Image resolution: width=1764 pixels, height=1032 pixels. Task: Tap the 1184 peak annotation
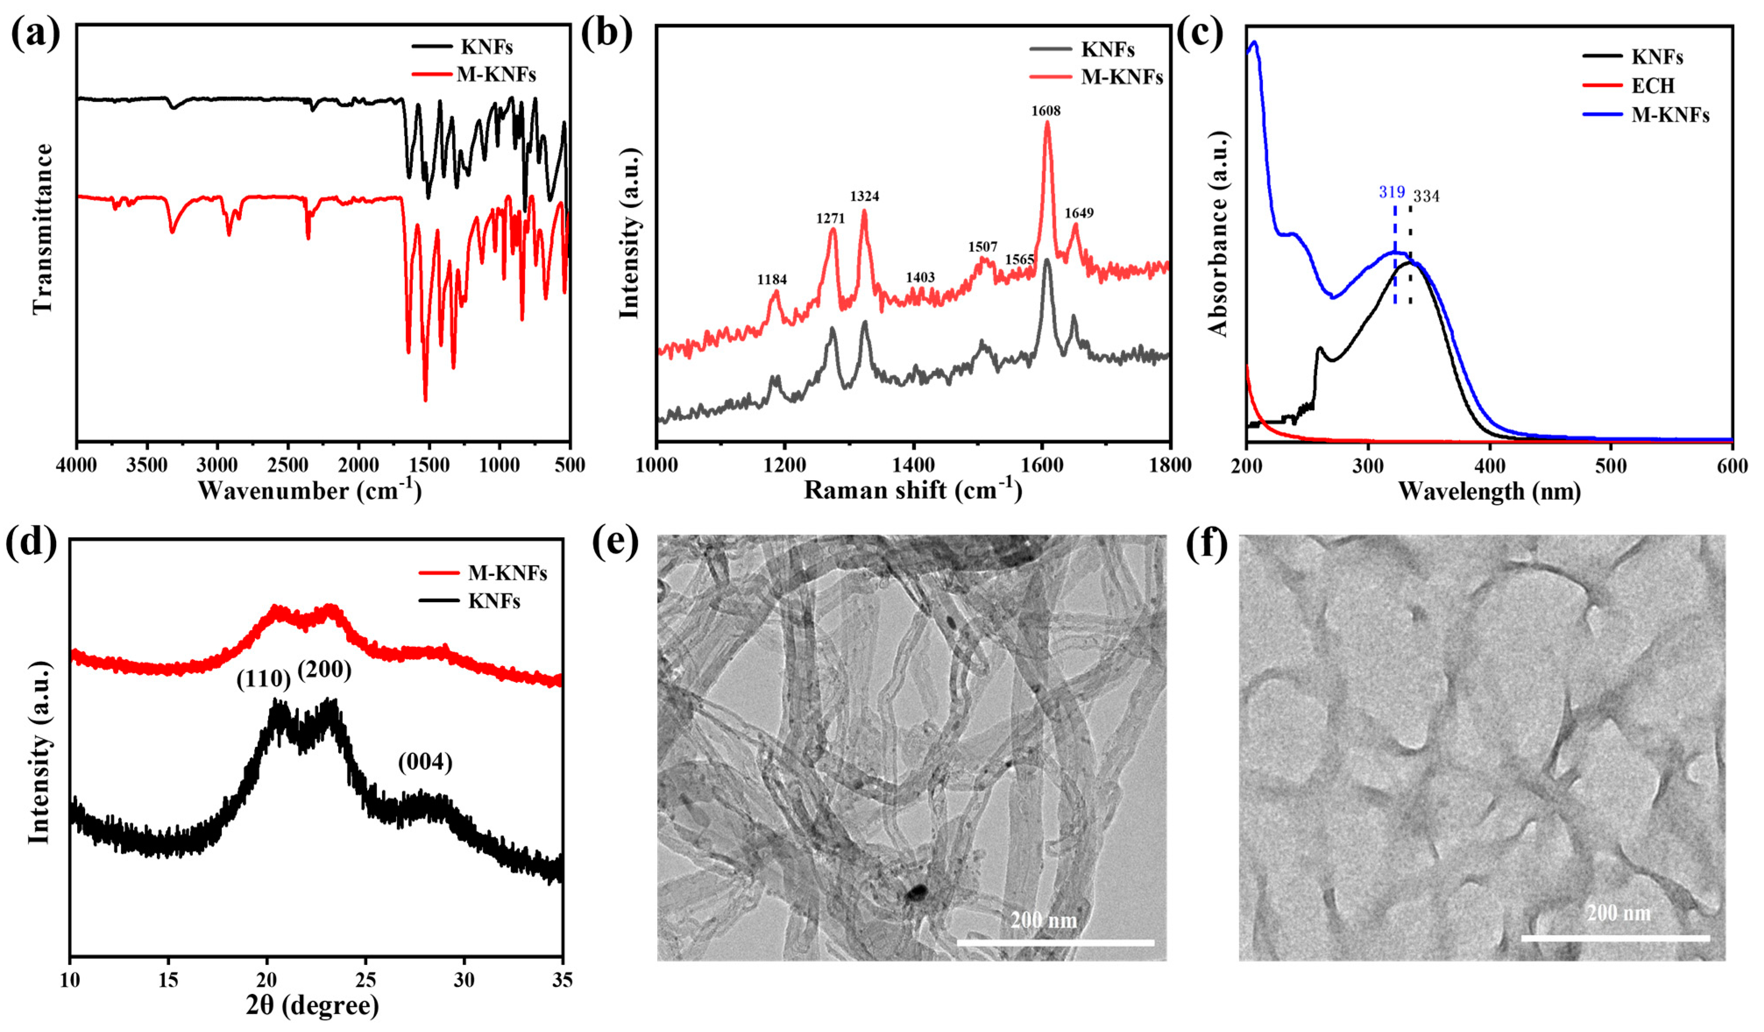click(772, 279)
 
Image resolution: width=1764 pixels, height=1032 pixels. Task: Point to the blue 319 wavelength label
click(1392, 192)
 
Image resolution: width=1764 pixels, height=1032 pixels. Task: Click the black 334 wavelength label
click(1426, 196)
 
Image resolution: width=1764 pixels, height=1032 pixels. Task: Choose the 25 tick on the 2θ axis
click(365, 980)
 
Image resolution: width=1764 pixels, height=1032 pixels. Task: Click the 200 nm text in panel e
click(1043, 919)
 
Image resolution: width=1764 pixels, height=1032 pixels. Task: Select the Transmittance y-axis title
click(42, 228)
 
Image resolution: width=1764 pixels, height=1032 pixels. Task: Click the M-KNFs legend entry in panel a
click(496, 74)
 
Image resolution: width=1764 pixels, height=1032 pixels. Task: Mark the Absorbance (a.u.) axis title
click(1218, 233)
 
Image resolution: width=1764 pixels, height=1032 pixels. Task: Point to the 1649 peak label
click(1079, 213)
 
